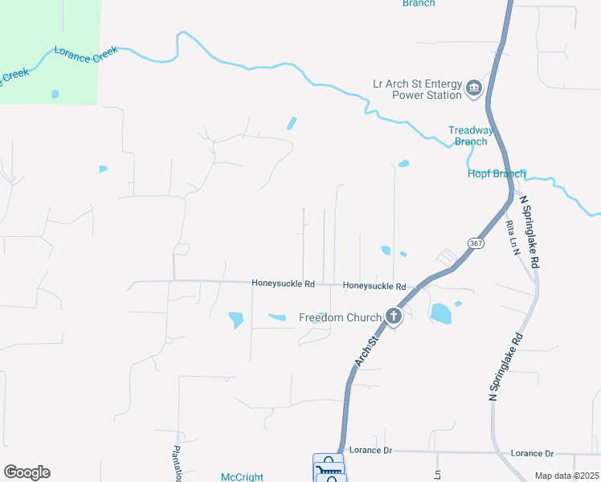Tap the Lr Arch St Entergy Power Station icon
tap(473, 88)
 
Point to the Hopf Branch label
tap(497, 174)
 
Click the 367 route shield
tap(476, 243)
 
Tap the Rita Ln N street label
tap(510, 238)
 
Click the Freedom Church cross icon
tap(394, 316)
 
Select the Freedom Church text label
tap(334, 317)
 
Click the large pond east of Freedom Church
tap(440, 313)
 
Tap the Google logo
tap(27, 472)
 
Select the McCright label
tap(242, 477)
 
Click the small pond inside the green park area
tap(55, 94)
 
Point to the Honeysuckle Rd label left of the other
tap(282, 283)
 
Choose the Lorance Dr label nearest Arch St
tap(370, 451)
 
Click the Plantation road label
tap(175, 464)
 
